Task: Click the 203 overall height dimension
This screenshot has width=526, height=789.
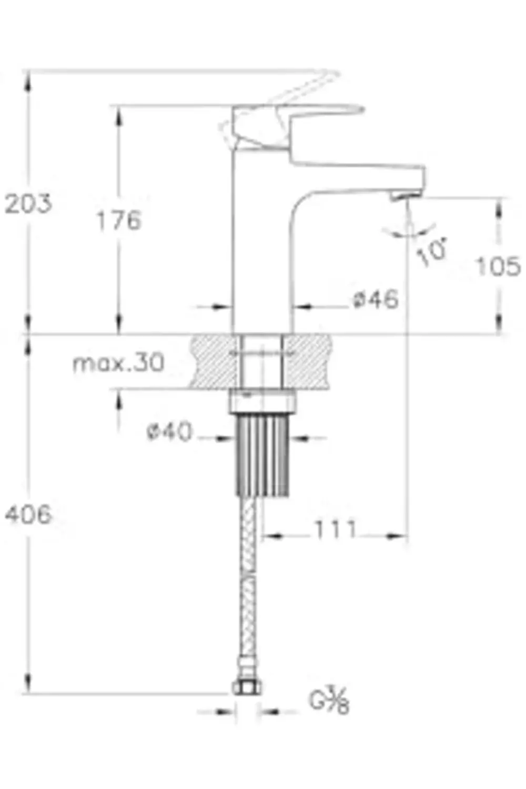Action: [29, 203]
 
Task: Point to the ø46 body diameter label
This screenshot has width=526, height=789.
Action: [376, 300]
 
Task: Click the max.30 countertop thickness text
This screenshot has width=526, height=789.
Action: [119, 363]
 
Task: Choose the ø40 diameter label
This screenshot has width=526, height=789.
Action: [170, 432]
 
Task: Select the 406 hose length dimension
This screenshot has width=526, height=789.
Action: [29, 514]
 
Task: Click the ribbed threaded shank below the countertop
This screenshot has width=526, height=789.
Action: [262, 455]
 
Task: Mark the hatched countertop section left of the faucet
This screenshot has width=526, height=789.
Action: [213, 361]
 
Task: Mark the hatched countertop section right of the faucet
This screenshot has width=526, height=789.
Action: [310, 361]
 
